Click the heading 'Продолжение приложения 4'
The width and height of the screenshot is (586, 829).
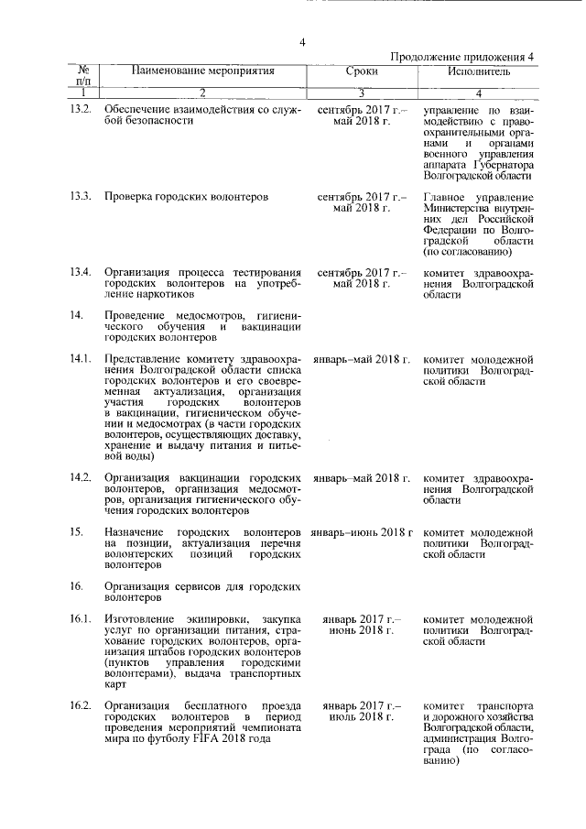(461, 57)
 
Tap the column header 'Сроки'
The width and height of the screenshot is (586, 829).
(362, 71)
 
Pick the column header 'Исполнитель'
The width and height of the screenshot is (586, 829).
(479, 71)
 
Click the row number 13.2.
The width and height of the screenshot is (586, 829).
(81, 110)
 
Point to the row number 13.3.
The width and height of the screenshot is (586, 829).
(81, 197)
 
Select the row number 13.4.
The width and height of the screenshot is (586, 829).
(81, 272)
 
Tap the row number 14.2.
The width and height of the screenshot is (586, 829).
(81, 477)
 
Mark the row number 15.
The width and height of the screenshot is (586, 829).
(77, 531)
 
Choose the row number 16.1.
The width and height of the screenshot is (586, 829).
(81, 619)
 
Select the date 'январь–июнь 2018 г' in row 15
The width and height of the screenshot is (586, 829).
(363, 531)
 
